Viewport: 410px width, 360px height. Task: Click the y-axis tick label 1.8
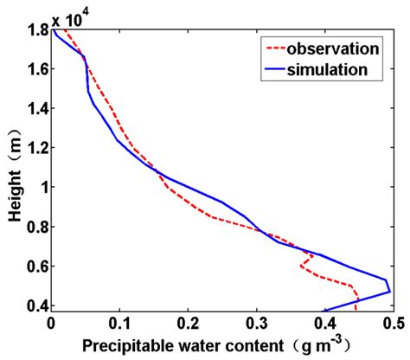point(35,31)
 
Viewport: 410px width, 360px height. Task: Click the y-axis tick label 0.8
point(35,227)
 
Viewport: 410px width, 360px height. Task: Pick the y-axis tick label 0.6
point(35,266)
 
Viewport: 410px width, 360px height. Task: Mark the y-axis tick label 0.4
point(35,305)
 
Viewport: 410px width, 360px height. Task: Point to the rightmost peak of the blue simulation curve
point(390,291)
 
